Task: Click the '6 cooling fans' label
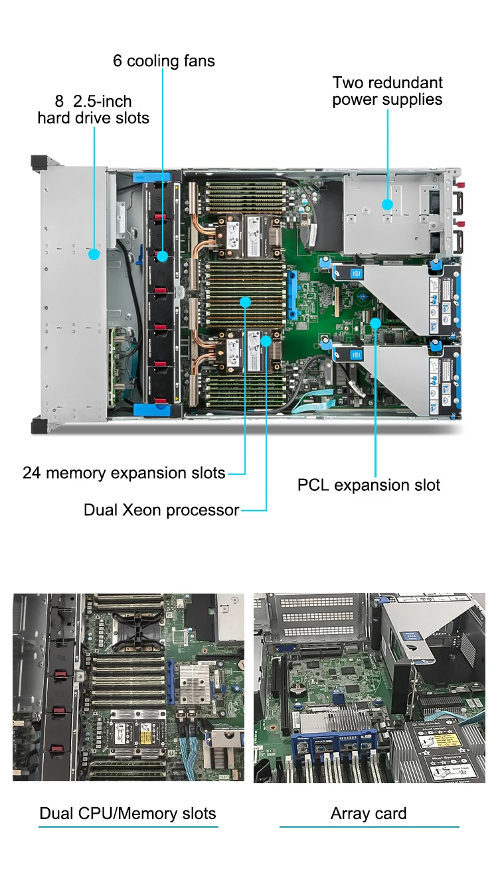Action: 164,61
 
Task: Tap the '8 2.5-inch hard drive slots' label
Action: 94,109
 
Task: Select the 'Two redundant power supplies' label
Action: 387,91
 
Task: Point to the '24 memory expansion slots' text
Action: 124,474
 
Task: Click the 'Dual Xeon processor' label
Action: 161,510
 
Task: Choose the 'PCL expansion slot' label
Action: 369,485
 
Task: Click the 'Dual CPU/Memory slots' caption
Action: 127,814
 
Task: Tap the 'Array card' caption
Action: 369,814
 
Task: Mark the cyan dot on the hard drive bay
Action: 94,254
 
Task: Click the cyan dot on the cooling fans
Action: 162,256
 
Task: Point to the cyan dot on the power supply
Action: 387,205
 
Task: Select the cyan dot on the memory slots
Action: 246,302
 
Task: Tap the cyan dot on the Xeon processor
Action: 266,341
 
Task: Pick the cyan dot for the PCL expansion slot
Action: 375,323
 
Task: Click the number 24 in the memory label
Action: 31,474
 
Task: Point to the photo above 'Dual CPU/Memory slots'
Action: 128,687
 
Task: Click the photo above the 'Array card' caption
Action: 369,688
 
